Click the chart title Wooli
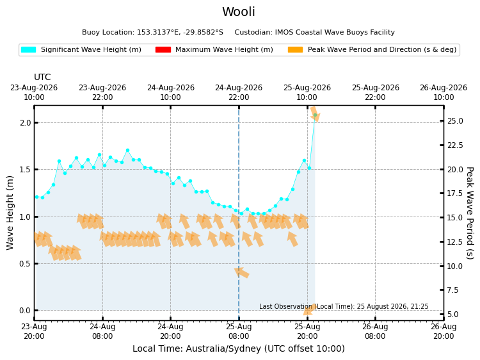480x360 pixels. [x=239, y=12]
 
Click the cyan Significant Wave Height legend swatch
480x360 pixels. [x=28, y=49]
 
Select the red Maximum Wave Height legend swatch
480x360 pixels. [x=163, y=49]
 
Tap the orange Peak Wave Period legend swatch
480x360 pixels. [x=296, y=49]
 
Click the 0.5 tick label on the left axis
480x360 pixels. [x=26, y=263]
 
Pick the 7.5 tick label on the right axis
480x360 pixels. [x=453, y=290]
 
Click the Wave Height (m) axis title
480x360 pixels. [x=10, y=213]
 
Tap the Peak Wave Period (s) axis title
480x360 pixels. [x=470, y=213]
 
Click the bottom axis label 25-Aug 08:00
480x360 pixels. [x=239, y=332]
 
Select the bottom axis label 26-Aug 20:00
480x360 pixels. [x=444, y=332]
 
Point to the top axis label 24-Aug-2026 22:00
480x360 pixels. [x=239, y=92]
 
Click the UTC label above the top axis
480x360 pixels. [x=42, y=77]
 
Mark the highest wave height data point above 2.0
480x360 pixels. [x=315, y=115]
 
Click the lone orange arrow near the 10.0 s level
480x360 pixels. [x=241, y=272]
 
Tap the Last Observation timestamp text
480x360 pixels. [x=344, y=306]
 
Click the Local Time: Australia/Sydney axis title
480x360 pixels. [x=239, y=348]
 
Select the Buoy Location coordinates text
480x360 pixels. [x=152, y=32]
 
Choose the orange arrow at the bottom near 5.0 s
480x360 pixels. [x=309, y=309]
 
